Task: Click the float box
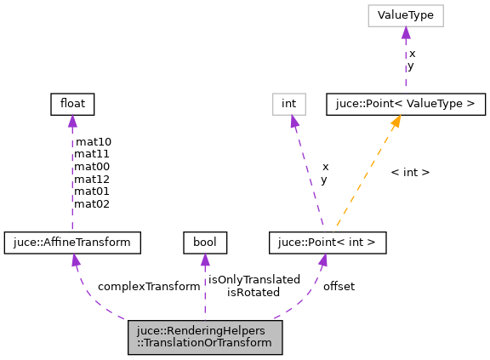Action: pyautogui.click(x=71, y=105)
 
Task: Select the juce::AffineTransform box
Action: pyautogui.click(x=71, y=243)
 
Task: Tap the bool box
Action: pyautogui.click(x=204, y=243)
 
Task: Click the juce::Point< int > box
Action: pyautogui.click(x=328, y=243)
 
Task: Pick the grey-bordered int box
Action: pyautogui.click(x=288, y=105)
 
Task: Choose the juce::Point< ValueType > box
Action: pyautogui.click(x=406, y=105)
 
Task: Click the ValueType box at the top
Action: pyautogui.click(x=406, y=15)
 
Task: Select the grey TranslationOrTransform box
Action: pyautogui.click(x=204, y=338)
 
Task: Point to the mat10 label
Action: pyautogui.click(x=93, y=141)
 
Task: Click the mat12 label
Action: pyautogui.click(x=93, y=179)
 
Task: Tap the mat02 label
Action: pyautogui.click(x=93, y=204)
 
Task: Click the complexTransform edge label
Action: pyautogui.click(x=149, y=286)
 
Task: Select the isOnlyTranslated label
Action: pyautogui.click(x=254, y=279)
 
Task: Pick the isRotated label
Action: pyautogui.click(x=254, y=292)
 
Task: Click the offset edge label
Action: pyautogui.click(x=339, y=286)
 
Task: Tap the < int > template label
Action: pyautogui.click(x=410, y=172)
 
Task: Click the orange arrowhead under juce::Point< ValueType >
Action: pyautogui.click(x=396, y=123)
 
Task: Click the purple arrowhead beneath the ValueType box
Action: pyautogui.click(x=406, y=33)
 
